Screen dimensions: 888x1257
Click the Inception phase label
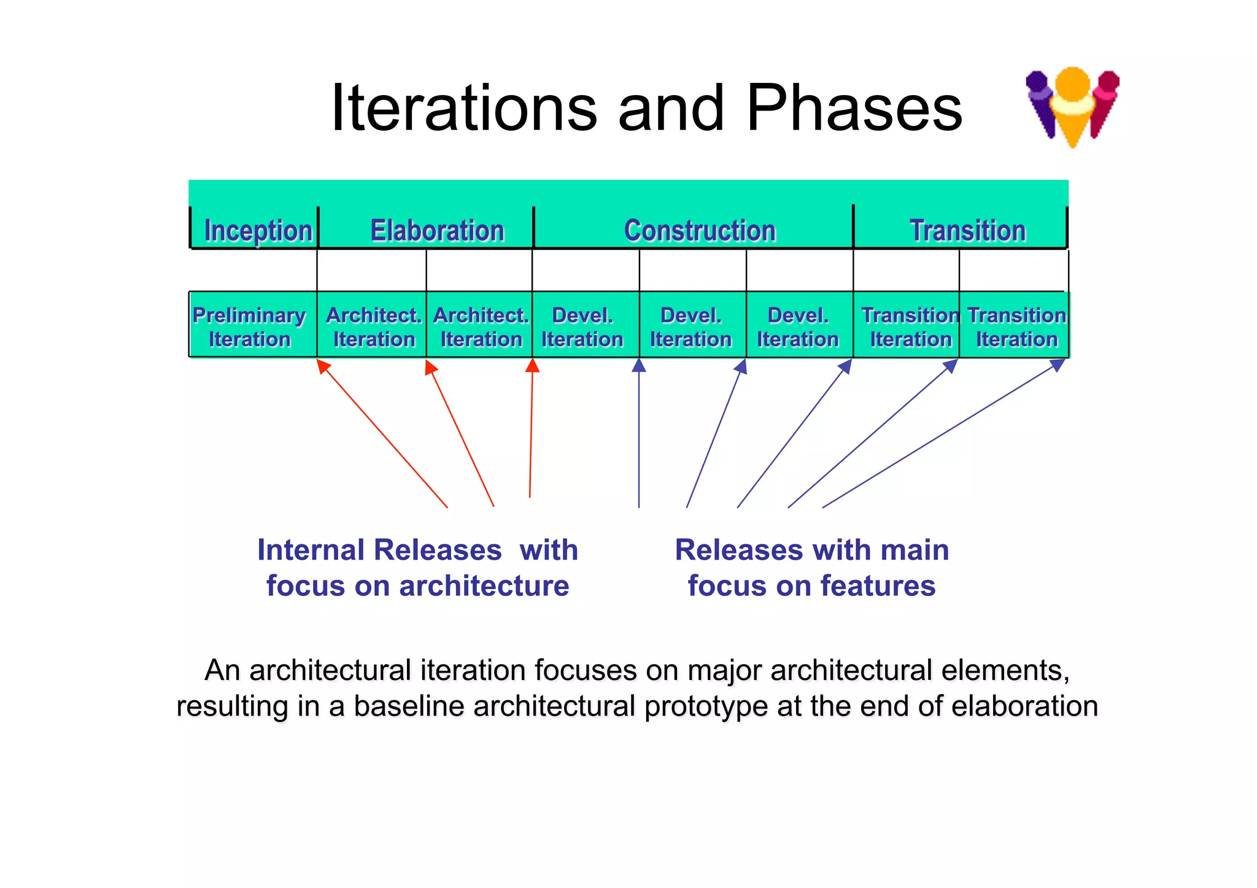[x=258, y=231]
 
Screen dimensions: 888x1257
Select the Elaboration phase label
[x=437, y=231]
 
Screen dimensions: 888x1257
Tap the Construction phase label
[x=700, y=231]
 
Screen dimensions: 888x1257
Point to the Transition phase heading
[x=967, y=231]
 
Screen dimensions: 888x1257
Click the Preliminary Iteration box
[x=250, y=326]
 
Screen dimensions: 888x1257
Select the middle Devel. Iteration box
[x=691, y=326]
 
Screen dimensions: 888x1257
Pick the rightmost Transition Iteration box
[x=1016, y=326]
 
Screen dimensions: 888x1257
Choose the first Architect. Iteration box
[x=373, y=326]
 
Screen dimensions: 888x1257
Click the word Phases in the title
[x=854, y=109]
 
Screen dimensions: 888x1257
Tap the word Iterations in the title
[x=463, y=109]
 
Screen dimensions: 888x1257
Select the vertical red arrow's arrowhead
[x=533, y=365]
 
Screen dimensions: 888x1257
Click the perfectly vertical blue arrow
[x=639, y=436]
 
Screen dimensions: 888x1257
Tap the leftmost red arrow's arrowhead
[x=323, y=366]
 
